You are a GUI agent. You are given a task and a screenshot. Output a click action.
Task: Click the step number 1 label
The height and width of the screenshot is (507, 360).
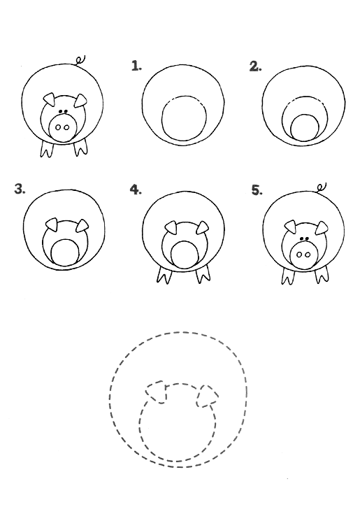[136, 66]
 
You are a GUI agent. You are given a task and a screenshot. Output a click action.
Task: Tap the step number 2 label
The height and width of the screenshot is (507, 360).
[255, 66]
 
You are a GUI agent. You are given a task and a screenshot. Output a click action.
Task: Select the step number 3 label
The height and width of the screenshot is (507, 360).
[20, 189]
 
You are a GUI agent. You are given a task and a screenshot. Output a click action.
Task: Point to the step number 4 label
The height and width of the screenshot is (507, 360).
[136, 189]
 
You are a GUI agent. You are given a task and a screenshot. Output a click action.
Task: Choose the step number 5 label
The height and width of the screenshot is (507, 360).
[257, 190]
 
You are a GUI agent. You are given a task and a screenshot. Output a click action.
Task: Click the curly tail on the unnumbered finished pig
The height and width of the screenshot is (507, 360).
[80, 60]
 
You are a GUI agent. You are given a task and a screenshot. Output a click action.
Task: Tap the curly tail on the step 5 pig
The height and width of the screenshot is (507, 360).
[322, 187]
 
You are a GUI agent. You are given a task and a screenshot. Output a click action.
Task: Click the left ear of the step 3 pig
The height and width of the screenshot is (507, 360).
[52, 224]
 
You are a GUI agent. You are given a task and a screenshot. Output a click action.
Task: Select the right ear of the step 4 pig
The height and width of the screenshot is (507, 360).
[202, 227]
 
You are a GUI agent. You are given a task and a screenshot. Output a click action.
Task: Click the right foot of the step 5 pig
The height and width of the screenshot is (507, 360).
[322, 275]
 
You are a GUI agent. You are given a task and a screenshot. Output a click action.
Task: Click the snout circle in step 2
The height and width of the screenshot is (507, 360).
[304, 128]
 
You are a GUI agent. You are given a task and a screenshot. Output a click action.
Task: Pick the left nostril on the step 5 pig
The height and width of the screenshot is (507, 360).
[299, 255]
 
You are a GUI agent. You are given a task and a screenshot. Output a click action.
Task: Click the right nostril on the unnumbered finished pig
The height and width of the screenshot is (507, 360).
[66, 127]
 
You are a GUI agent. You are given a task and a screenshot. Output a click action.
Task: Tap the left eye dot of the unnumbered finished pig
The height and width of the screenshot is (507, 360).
[60, 112]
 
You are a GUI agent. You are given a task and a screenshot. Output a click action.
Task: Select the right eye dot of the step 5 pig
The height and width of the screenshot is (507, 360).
[306, 238]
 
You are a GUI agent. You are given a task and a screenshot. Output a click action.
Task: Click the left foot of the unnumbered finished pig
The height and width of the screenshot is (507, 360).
[47, 149]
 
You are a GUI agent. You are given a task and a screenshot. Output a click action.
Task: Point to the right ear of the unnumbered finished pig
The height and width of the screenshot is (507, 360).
[80, 101]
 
